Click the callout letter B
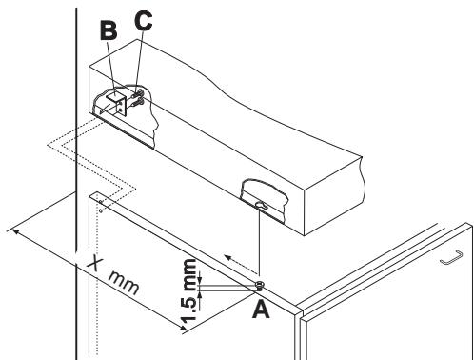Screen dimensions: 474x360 coord(109,30)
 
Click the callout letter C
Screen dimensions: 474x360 coord(144,21)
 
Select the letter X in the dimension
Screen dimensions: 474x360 coord(95,263)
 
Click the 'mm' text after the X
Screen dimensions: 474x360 coord(124,282)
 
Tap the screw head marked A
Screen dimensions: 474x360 coord(260,284)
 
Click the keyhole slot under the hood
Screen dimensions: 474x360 coord(262,206)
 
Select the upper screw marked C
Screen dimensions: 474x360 coord(139,93)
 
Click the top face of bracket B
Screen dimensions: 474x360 coord(115,95)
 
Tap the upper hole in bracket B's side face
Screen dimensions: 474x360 coord(121,103)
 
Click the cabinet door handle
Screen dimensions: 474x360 coord(451,257)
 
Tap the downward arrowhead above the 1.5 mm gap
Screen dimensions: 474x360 coord(199,280)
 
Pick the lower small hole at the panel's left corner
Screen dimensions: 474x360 coord(101,210)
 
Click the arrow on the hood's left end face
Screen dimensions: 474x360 coord(108,109)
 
